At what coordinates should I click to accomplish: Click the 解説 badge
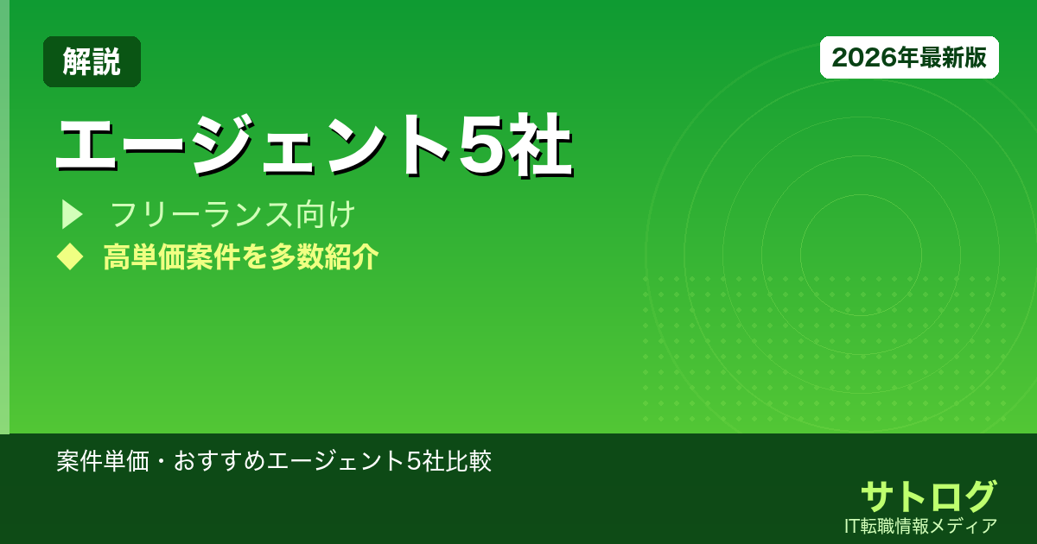92,61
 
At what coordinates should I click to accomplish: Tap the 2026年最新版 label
909,57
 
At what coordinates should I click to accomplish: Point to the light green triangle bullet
71,214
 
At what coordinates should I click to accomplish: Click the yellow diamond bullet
69,256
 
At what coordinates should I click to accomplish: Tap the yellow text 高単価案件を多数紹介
240,256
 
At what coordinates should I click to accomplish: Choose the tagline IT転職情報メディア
921,525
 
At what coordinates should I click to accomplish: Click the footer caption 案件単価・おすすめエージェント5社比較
274,460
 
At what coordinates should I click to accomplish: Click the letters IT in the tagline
854,525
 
